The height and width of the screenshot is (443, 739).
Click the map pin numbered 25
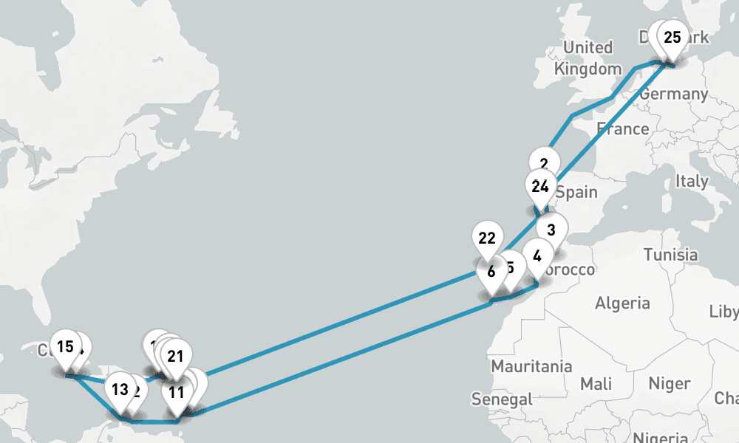(672, 38)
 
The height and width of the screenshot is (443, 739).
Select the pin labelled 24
(540, 186)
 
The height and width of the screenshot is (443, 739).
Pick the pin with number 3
(551, 230)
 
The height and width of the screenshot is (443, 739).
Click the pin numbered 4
(537, 257)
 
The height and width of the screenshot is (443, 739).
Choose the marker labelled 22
(486, 238)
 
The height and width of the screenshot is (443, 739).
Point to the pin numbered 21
(175, 355)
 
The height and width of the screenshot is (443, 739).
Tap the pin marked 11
(177, 392)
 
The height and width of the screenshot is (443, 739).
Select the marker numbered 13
(120, 389)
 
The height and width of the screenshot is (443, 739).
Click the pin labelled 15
(65, 346)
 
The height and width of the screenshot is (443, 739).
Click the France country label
(623, 129)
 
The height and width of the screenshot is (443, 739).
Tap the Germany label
(673, 94)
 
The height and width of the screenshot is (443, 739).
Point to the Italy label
(692, 181)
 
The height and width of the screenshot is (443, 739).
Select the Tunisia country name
(670, 255)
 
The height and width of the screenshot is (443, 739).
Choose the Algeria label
(623, 303)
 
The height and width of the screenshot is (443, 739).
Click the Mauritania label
(531, 366)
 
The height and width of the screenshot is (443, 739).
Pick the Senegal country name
(502, 399)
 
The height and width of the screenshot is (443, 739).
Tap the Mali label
(596, 384)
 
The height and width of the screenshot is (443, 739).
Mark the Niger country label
(670, 384)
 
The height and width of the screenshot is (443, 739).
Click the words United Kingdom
(588, 58)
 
